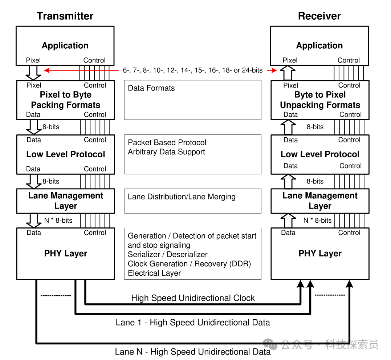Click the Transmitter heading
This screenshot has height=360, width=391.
coord(65,16)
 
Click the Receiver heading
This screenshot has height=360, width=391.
coord(319,16)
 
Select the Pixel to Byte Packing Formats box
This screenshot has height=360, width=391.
coord(65,100)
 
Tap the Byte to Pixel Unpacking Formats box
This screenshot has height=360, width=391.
coord(320,100)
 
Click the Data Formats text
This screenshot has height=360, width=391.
coord(151,88)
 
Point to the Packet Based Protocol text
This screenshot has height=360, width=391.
coord(167,142)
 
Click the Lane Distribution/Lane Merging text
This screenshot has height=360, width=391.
coord(182,197)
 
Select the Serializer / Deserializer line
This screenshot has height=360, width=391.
coord(168,255)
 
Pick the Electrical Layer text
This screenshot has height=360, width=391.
coord(154,273)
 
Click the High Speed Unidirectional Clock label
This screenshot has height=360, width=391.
coord(193,298)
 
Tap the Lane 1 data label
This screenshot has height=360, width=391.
coord(193,323)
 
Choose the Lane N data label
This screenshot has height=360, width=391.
coord(193,352)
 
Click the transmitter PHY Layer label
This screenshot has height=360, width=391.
coord(66,254)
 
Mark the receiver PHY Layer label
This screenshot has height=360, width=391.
coord(320,254)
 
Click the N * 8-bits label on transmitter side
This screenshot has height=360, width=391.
coord(58,221)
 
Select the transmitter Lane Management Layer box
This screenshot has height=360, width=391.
coord(66,201)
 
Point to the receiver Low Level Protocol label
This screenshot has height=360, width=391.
coord(320,154)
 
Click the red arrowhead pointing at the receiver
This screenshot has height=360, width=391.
coord(274,70)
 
